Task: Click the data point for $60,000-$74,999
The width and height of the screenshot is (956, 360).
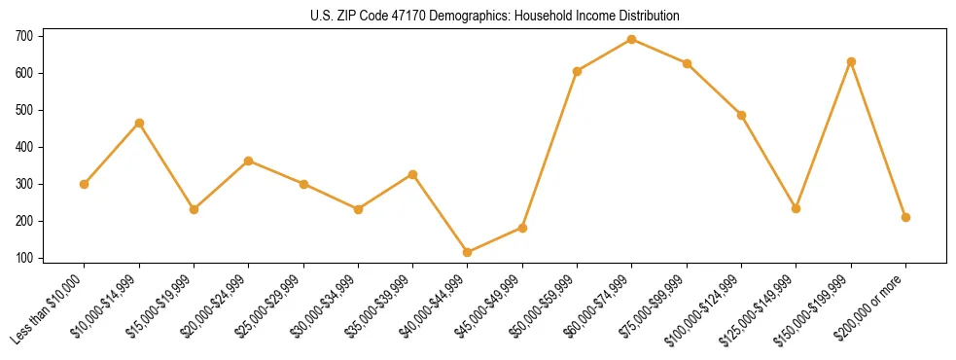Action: pyautogui.click(x=632, y=40)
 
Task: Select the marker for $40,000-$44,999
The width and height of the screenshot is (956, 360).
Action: pyautogui.click(x=468, y=252)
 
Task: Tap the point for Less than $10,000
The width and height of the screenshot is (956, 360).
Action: pyautogui.click(x=85, y=184)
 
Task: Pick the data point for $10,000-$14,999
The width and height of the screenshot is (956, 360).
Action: pyautogui.click(x=139, y=124)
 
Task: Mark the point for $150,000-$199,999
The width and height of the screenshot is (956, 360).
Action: pyautogui.click(x=851, y=61)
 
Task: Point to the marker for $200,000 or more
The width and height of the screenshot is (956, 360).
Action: pyautogui.click(x=905, y=217)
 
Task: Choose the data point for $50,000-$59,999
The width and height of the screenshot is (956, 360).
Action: pyautogui.click(x=578, y=71)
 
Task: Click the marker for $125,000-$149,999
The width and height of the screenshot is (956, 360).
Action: pyautogui.click(x=797, y=208)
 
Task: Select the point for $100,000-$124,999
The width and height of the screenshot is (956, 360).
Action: pyautogui.click(x=741, y=115)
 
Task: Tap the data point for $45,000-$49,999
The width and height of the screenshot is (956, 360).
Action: pyautogui.click(x=522, y=228)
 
